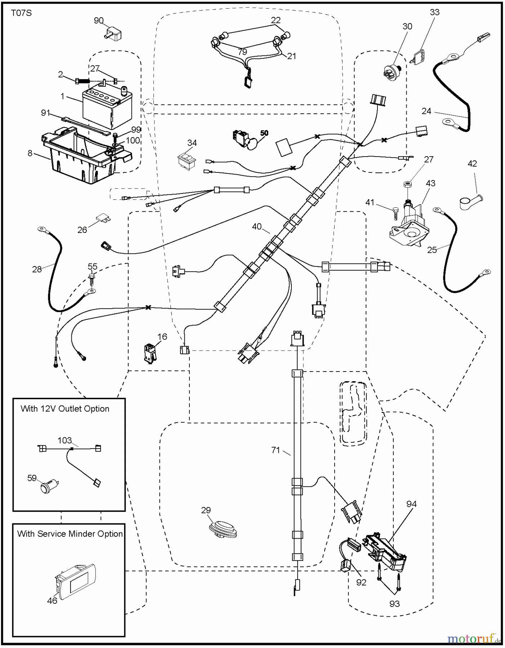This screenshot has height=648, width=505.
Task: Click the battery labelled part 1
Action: (107, 108)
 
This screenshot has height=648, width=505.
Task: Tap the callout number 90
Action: (99, 21)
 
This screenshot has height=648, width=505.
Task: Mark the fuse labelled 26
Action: (103, 218)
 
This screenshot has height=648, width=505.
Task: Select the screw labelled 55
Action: (92, 279)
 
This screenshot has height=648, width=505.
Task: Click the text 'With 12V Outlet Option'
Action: (65, 409)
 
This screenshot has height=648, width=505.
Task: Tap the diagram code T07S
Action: (21, 13)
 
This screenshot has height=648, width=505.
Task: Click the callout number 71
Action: (276, 450)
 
